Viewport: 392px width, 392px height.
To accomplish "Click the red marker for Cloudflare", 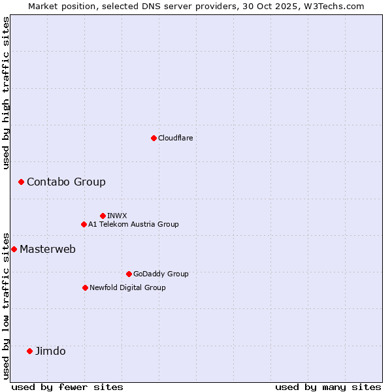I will click(154, 138).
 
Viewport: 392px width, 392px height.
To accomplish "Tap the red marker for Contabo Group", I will click(21, 182).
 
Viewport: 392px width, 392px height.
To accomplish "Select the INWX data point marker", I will click(103, 216).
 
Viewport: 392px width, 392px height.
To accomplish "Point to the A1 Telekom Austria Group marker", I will click(84, 224).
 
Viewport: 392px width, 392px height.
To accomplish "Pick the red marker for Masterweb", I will click(14, 249).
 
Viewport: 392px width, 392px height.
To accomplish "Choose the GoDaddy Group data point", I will click(129, 274).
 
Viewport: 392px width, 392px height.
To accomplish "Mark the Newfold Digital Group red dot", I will click(85, 287).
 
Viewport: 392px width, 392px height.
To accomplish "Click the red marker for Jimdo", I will click(29, 351).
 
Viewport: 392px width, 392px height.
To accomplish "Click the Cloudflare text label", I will click(176, 138).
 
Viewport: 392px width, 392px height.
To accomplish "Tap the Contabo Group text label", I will click(66, 182).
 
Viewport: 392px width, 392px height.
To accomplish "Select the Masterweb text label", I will click(48, 249).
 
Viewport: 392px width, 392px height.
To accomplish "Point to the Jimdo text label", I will click(50, 351).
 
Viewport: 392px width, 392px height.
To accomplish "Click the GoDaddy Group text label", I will click(161, 274).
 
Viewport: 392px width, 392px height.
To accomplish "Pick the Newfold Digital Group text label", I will click(127, 287).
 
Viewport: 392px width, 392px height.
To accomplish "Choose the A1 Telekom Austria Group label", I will click(133, 224).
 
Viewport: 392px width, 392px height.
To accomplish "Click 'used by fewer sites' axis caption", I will click(67, 387).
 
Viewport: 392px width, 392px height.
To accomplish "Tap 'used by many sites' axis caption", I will click(328, 387).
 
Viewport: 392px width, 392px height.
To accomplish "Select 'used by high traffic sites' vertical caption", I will click(6, 93).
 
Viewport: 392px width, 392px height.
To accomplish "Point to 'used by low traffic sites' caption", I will click(6, 305).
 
